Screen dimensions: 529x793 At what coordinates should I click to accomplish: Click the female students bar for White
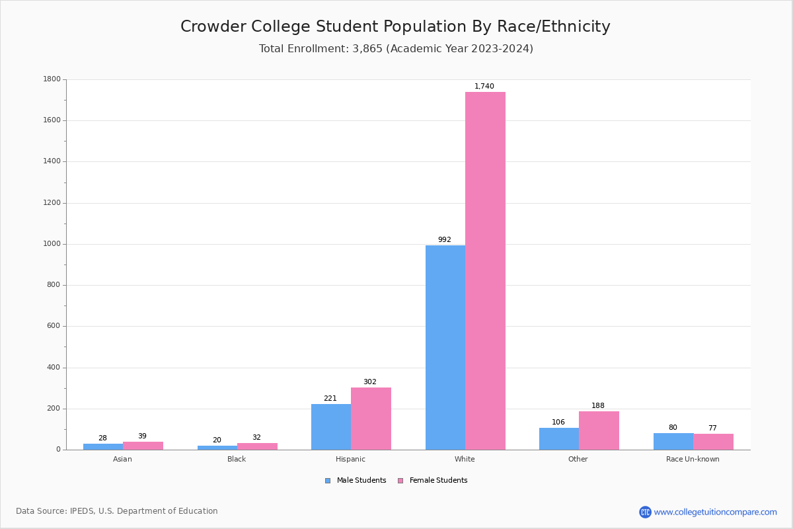coord(485,271)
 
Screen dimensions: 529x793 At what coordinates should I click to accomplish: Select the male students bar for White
coord(445,347)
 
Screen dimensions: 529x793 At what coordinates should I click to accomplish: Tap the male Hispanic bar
coord(331,427)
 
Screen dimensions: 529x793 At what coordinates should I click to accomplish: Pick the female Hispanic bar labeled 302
coord(371,419)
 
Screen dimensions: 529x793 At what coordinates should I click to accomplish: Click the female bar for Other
coord(599,430)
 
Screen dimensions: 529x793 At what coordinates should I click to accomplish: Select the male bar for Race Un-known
coord(673,441)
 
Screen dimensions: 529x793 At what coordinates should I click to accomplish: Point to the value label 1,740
coord(484,87)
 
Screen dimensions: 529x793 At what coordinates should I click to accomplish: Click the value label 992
coord(445,240)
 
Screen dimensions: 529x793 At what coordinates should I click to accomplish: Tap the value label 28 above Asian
coord(102,438)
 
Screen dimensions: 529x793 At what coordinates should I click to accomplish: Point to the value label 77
coord(712,428)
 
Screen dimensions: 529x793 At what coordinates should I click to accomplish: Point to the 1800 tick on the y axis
coord(52,79)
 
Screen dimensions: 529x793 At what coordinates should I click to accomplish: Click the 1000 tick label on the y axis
coord(52,244)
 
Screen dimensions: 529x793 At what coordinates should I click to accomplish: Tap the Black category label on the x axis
coord(237,459)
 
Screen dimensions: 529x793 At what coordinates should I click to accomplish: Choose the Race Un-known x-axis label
coord(693,459)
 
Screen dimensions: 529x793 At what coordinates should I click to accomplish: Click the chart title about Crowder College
coord(395,27)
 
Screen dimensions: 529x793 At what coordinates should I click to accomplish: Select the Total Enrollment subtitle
coord(396,49)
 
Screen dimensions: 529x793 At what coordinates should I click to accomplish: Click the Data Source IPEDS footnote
coord(117,511)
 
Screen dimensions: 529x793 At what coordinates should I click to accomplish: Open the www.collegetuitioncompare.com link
coord(715,512)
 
